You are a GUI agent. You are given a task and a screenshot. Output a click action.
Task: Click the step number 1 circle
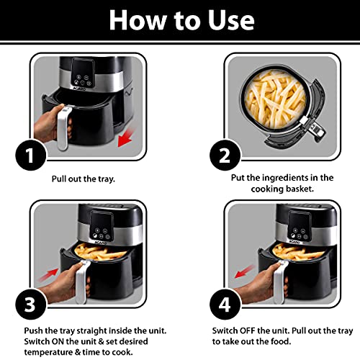31,156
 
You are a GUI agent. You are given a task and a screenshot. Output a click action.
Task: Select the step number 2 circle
225,156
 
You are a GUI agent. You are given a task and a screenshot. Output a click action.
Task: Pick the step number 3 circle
31,304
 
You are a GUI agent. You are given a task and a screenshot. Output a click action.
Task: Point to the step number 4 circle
225,304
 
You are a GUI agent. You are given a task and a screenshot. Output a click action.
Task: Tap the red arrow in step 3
48,275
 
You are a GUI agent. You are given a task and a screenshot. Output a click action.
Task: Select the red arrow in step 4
244,271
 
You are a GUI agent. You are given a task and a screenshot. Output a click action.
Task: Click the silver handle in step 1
63,128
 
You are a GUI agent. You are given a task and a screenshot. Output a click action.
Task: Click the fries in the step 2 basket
276,99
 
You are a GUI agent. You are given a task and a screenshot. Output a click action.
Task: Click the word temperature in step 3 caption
48,352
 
